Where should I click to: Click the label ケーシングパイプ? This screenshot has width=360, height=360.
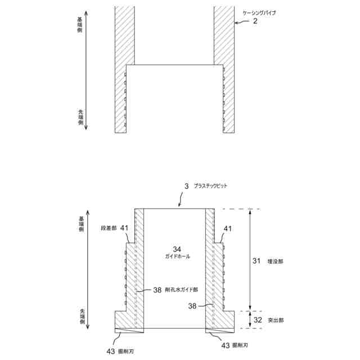click(x=260, y=12)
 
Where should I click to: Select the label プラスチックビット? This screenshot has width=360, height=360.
click(x=210, y=185)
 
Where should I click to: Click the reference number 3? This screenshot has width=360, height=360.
click(x=187, y=185)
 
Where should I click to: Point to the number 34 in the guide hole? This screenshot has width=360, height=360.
click(x=177, y=248)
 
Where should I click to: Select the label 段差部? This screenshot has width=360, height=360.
click(x=109, y=228)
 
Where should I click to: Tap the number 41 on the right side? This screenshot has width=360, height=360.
click(x=228, y=228)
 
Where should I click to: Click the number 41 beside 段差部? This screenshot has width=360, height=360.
click(x=124, y=228)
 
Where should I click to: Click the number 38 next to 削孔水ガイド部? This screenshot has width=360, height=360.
click(x=157, y=290)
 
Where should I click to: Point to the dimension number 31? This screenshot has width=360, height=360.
click(x=256, y=261)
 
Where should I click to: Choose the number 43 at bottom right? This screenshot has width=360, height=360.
click(x=225, y=345)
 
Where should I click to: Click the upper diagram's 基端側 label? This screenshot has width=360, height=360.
click(x=80, y=25)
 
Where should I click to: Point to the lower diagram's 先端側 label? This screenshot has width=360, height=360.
click(x=81, y=318)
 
